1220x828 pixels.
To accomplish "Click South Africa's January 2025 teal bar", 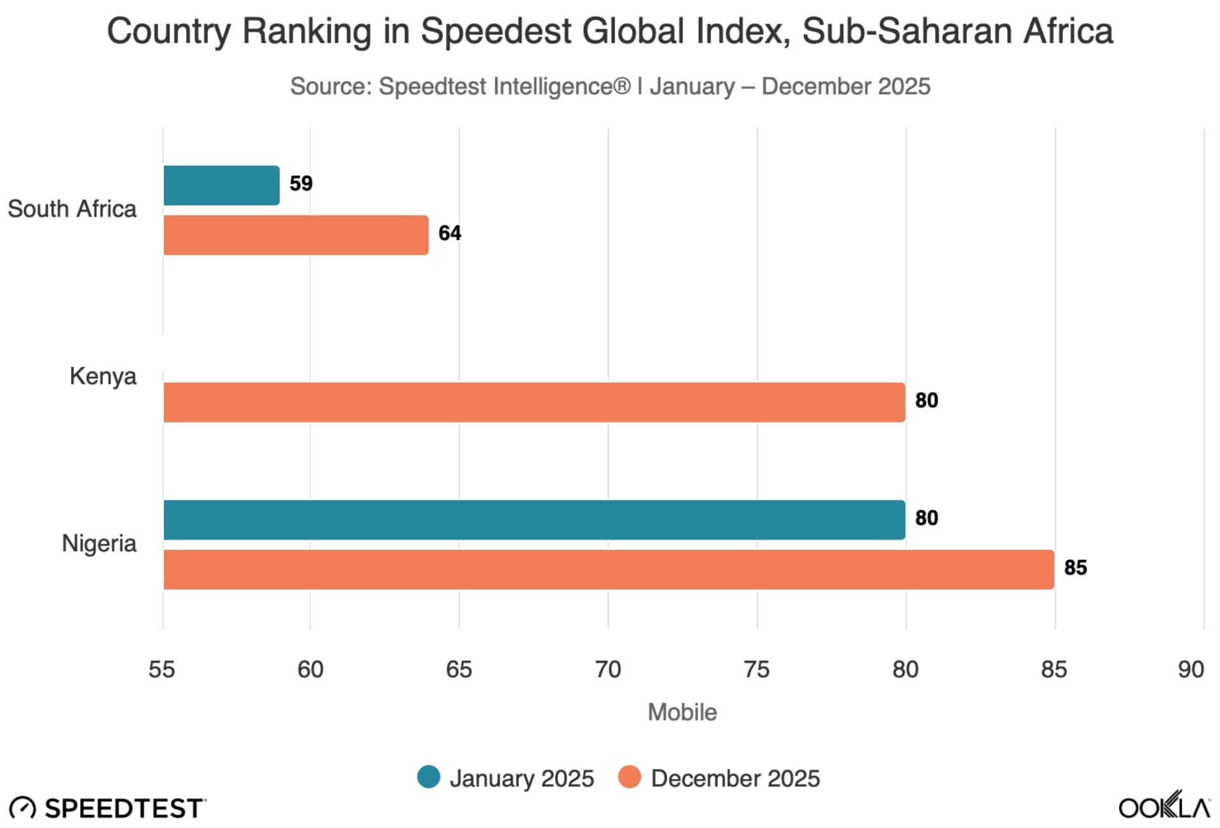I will tap(221, 186).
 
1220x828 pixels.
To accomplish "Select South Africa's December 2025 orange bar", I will tap(295, 235).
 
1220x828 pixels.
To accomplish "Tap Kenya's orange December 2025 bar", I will tap(534, 402).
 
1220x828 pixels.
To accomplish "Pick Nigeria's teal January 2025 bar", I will tap(534, 520).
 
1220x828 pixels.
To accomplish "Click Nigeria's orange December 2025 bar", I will tap(608, 569).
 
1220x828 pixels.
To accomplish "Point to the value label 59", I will tap(301, 184).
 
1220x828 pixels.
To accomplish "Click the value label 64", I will tap(450, 233).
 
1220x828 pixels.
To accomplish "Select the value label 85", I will tap(1075, 567).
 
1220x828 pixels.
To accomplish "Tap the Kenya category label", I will tap(103, 376).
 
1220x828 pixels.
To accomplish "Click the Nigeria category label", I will tap(99, 544).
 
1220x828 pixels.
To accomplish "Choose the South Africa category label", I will tap(72, 209).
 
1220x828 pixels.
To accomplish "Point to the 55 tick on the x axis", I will tap(161, 670).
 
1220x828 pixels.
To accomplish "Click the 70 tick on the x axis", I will tap(608, 670).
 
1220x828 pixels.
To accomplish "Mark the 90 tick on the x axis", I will tap(1191, 670).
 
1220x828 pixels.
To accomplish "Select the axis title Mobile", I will tap(682, 712).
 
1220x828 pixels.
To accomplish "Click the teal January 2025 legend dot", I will tap(429, 777).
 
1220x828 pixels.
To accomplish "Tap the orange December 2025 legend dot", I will tap(629, 777).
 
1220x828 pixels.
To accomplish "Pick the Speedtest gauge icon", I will tap(23, 808).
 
